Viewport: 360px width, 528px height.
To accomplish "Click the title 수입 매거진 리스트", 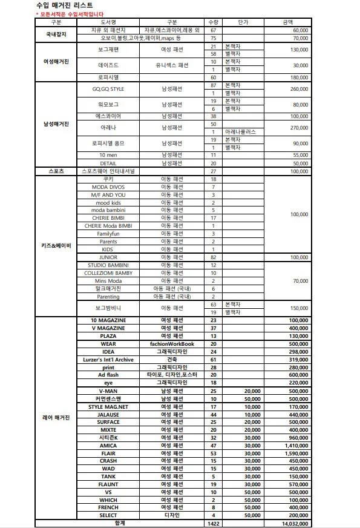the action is [x=65, y=5].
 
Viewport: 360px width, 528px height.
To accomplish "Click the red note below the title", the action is [x=70, y=13].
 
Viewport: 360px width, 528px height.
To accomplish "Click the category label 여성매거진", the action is [x=56, y=61].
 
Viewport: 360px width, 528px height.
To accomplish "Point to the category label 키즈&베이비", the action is [x=56, y=246].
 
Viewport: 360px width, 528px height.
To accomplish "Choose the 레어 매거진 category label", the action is [x=56, y=418].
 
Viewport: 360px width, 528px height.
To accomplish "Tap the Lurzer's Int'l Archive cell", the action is [x=108, y=360].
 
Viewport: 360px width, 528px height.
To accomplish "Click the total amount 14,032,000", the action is [x=292, y=523].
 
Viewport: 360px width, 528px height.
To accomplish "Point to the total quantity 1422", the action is [x=213, y=523].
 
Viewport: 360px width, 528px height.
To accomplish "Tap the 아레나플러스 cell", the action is [x=240, y=131].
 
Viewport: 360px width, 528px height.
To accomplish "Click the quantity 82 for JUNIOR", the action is [x=213, y=257].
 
